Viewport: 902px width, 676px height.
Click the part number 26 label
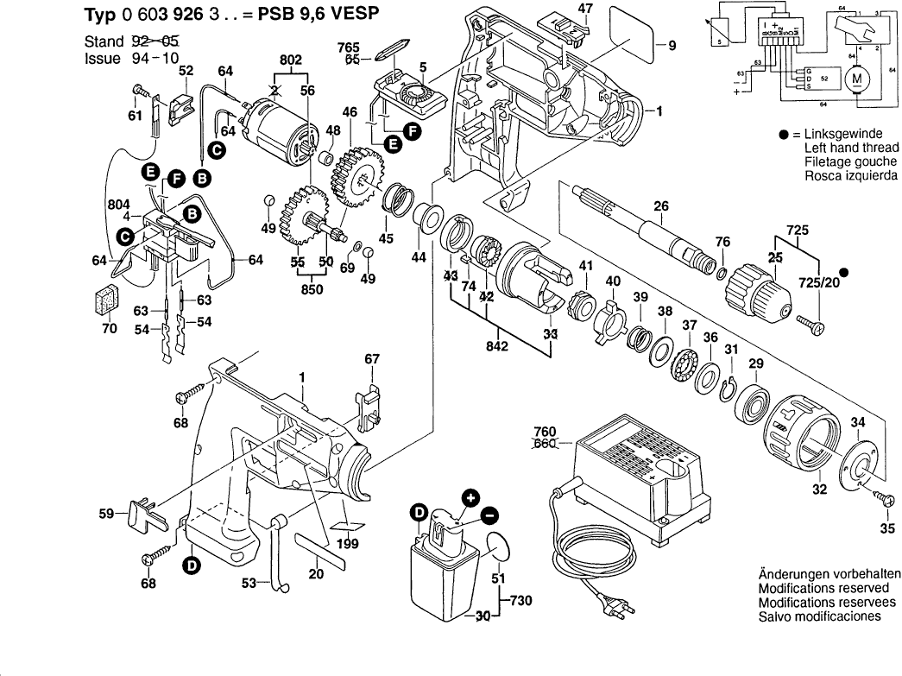coord(661,206)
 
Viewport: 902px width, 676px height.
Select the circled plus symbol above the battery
coord(470,498)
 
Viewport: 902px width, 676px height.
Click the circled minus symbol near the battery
coord(490,515)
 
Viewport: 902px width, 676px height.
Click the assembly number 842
coord(497,347)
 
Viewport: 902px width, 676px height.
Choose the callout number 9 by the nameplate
coord(672,45)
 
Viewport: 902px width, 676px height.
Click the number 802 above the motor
coord(291,60)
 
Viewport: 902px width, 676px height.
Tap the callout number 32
coord(819,490)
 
